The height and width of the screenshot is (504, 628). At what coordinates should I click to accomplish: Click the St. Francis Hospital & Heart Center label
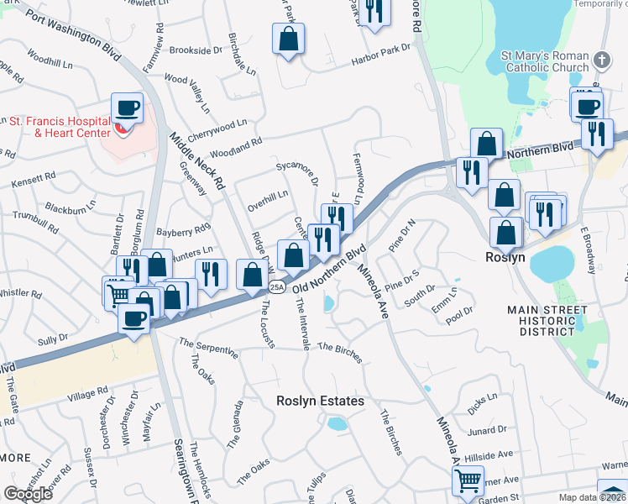click(x=60, y=127)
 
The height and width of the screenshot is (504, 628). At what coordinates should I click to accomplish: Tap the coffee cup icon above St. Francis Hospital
click(x=127, y=108)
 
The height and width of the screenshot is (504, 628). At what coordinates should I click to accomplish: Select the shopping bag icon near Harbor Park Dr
click(x=288, y=39)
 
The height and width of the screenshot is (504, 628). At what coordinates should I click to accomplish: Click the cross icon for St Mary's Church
click(x=601, y=60)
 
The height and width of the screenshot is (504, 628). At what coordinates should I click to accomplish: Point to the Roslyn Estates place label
click(x=321, y=402)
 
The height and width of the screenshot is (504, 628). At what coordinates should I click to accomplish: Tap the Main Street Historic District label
click(x=547, y=321)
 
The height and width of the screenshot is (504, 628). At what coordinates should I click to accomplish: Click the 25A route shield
click(x=277, y=287)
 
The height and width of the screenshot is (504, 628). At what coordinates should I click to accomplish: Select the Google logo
click(x=28, y=493)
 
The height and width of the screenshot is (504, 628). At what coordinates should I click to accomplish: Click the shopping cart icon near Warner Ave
click(x=468, y=481)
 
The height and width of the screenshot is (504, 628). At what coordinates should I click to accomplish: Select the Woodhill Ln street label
click(x=50, y=61)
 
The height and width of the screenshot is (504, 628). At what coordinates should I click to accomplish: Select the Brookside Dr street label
click(x=195, y=50)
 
